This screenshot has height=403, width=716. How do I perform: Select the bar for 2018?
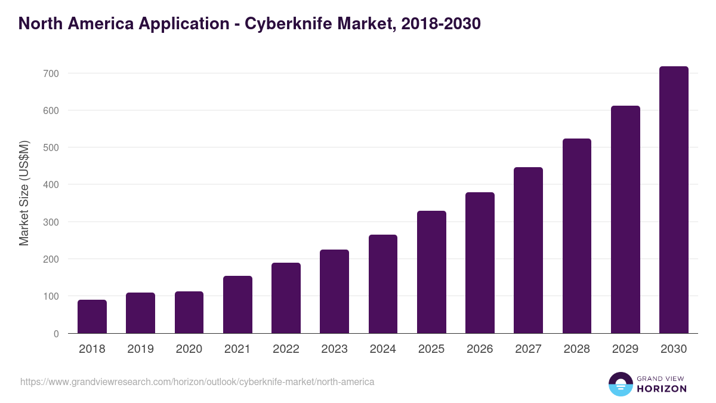point(92,316)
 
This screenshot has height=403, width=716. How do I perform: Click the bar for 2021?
point(237,304)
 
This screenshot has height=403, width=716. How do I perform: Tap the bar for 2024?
point(383,284)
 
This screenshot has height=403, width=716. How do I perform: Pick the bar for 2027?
point(528,250)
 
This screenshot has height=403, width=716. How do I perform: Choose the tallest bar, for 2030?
point(674,200)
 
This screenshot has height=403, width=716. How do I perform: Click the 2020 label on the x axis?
point(189,349)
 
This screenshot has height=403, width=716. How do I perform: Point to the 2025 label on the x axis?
point(431,349)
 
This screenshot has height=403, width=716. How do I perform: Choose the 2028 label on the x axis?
point(577,349)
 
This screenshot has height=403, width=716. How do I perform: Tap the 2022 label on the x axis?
point(286,349)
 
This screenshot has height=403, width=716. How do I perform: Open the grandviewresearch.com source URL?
point(197,382)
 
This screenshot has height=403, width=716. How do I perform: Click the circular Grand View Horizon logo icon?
point(620,384)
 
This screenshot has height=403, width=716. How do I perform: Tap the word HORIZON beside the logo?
point(662,389)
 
